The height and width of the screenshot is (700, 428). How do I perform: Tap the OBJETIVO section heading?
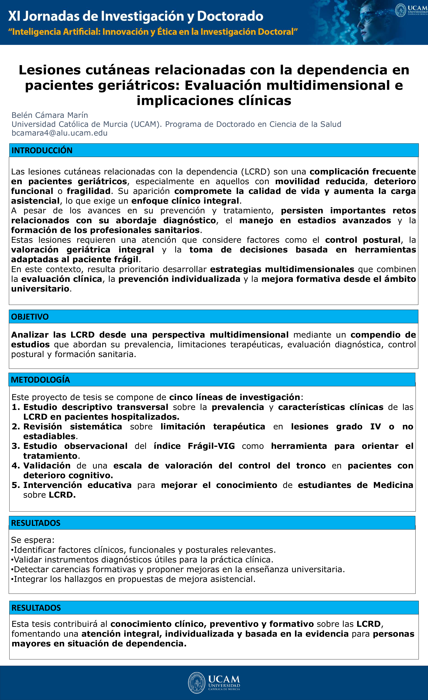coord(30,317)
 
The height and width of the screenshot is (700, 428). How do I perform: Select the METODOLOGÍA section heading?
coord(40,380)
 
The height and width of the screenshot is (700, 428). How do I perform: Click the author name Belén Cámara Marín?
coord(50,115)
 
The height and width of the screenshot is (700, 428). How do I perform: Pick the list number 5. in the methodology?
coord(16,485)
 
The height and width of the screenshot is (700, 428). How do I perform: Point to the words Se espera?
coord(33,540)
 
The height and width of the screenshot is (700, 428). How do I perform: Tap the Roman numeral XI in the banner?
coord(14,16)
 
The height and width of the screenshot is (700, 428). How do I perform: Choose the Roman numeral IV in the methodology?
coord(375,427)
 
